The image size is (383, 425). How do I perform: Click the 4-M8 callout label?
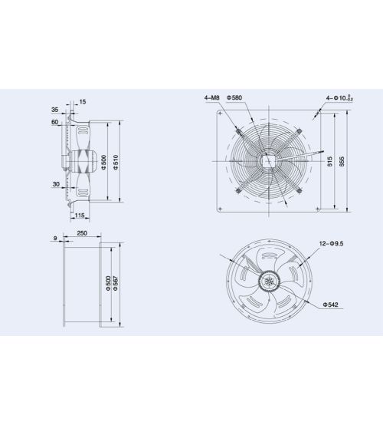point(211,97)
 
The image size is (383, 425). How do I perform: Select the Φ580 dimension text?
point(234,97)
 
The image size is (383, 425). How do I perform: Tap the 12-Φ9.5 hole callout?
point(331,243)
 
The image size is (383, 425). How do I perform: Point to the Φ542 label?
point(330,305)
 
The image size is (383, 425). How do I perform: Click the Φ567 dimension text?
point(116,283)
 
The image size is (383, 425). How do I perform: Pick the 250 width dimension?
point(82,233)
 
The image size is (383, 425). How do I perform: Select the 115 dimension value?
point(80,216)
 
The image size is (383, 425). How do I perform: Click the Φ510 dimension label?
point(116,162)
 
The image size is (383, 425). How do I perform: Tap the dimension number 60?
point(55,122)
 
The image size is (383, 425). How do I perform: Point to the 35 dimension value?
point(55,110)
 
